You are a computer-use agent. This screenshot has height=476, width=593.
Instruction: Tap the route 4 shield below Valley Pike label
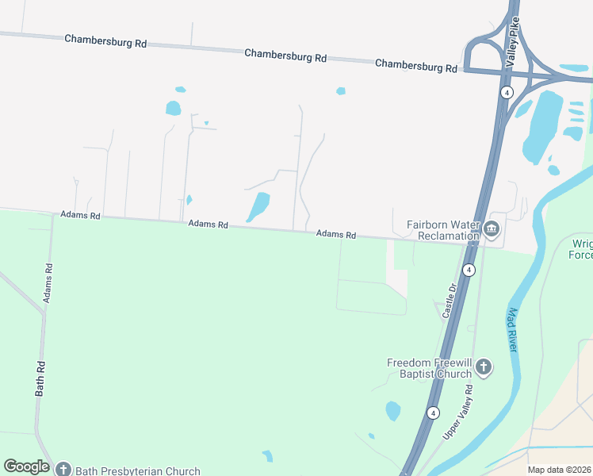506,92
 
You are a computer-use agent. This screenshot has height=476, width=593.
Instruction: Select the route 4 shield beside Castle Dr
469,270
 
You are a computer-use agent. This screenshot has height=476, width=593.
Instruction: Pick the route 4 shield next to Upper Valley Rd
432,413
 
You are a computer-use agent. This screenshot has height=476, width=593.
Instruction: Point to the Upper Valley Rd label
458,412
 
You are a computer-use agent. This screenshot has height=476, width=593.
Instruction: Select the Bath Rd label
40,379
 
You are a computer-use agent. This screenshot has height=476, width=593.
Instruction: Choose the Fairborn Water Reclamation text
443,230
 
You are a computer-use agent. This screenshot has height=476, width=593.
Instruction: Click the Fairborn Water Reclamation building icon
492,230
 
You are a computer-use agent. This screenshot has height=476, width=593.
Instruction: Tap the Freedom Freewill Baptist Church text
429,368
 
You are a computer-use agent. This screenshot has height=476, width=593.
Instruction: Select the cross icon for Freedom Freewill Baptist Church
484,367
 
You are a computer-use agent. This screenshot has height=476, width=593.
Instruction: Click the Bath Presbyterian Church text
138,470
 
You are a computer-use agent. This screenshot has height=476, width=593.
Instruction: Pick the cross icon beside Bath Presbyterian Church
63,470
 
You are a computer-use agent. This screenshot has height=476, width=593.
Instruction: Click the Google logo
27,466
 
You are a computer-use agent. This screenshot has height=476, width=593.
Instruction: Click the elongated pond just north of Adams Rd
258,206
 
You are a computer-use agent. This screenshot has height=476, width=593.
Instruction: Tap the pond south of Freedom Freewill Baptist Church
392,410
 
